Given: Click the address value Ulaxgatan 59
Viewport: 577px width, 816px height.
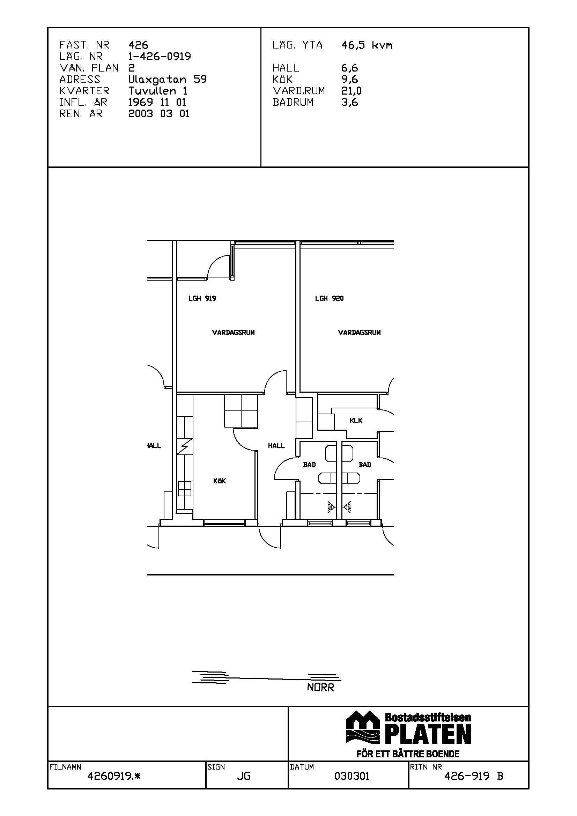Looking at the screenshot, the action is coord(168,79).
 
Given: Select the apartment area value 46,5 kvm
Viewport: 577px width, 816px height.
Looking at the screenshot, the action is coord(367,45).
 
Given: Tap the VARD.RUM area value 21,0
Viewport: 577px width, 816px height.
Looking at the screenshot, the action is coord(351,91).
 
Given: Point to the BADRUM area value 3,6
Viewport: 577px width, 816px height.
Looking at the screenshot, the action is coord(349,102).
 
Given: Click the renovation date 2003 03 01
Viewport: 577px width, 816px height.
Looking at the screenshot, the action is coord(159,114).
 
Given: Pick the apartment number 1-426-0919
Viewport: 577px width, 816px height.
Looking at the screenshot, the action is coord(160,57).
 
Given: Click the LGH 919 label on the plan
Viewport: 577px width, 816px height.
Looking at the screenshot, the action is coord(202,298).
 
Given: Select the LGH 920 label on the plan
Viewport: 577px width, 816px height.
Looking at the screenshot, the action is coord(329,298).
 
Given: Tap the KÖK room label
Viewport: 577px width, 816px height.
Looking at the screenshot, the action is coord(219,481).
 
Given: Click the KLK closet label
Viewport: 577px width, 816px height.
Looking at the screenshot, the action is coord(356,421).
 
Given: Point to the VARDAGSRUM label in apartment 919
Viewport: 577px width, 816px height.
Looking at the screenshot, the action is coord(233,333).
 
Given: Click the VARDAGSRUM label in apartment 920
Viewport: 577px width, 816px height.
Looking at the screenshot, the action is coord(359,333).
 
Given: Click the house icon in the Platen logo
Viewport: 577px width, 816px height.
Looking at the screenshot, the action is coord(363,727).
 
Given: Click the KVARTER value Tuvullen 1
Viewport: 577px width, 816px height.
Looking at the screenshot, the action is coord(158,91).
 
